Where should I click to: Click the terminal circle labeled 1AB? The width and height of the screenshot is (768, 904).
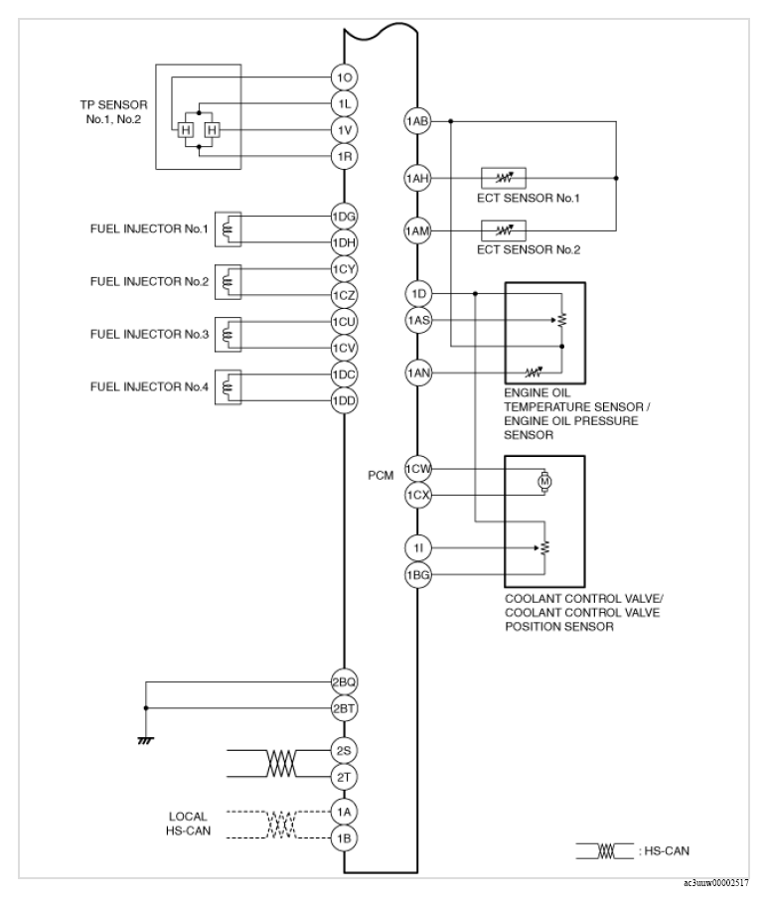click(x=416, y=122)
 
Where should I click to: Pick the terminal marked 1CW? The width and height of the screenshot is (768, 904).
click(x=416, y=469)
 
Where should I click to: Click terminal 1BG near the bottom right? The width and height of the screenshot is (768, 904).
click(x=416, y=573)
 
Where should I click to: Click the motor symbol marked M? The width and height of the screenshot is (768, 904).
click(x=542, y=482)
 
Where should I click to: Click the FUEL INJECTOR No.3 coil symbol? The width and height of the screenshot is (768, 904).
click(x=229, y=335)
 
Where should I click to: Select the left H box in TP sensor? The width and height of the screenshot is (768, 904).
click(x=186, y=129)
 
